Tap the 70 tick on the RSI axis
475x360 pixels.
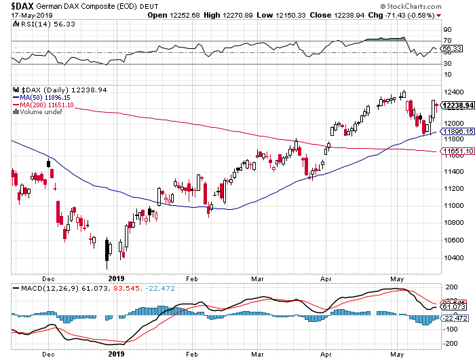coord(448,41)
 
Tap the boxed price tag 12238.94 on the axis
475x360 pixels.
coord(457,105)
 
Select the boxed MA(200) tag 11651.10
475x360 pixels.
coord(457,151)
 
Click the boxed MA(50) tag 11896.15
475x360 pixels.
coord(457,132)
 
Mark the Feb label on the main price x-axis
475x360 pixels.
coord(191,278)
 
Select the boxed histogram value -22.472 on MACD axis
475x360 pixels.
coord(455,317)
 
